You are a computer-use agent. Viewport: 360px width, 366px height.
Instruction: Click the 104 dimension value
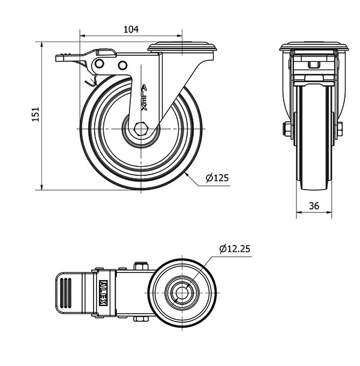[131, 29]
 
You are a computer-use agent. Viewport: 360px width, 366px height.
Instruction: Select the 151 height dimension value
[35, 115]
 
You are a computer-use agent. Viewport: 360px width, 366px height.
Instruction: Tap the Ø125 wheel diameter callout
[217, 178]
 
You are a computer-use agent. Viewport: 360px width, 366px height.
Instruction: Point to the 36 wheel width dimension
[314, 206]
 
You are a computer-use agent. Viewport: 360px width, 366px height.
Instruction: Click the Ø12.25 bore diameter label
[235, 249]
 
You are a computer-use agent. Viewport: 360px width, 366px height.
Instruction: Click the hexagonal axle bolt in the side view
[141, 129]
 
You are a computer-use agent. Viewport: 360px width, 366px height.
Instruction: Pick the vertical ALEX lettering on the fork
[144, 98]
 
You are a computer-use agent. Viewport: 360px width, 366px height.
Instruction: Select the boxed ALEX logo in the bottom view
[103, 293]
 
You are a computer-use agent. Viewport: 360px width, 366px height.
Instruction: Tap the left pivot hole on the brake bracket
[100, 64]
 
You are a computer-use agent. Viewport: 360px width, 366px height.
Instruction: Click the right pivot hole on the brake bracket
[122, 65]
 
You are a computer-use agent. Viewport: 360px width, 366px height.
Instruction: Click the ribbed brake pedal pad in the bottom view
[66, 293]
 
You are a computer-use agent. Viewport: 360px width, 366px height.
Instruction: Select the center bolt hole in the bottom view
[182, 293]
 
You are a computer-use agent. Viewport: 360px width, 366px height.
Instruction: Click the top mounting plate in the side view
[182, 47]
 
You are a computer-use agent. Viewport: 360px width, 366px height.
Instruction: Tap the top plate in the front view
[314, 47]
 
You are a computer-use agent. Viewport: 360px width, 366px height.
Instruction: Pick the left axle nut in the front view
[286, 130]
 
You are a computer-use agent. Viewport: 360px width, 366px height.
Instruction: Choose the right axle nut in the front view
[340, 129]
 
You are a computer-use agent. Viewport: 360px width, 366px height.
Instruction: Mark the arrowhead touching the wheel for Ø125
[187, 173]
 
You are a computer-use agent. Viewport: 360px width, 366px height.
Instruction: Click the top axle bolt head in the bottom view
[141, 266]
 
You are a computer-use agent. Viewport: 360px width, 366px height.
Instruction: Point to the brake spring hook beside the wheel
[90, 82]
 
